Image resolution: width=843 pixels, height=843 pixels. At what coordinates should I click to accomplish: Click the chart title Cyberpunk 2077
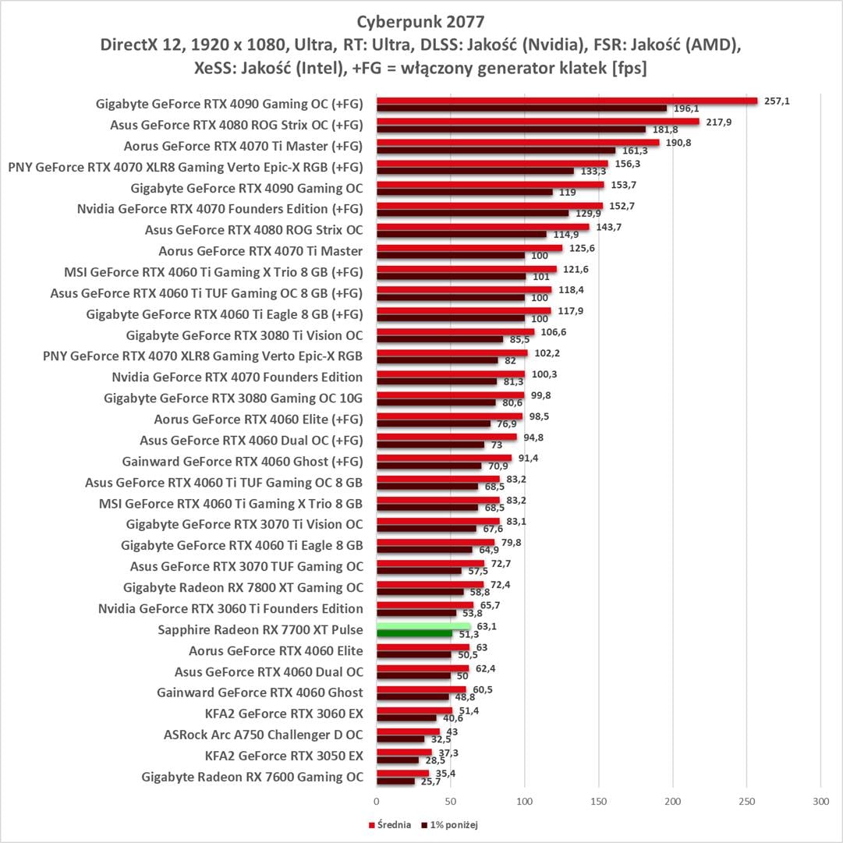pos(421,19)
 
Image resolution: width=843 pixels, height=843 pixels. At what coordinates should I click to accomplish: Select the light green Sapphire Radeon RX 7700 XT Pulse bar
pos(423,626)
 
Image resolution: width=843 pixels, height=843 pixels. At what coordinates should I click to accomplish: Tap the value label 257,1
pos(776,101)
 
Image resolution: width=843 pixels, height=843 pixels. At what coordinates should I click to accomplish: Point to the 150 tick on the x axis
pos(598,800)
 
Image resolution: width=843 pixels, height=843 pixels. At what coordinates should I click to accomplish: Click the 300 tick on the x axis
pos(820,800)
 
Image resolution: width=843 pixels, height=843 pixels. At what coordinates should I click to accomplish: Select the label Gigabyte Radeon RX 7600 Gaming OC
pos(253,777)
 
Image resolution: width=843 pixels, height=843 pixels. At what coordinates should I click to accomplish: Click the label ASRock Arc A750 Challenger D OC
pos(264,735)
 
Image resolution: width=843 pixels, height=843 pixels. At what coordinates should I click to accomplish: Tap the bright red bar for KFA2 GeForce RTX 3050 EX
pos(404,753)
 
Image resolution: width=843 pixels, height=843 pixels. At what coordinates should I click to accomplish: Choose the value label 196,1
pos(685,109)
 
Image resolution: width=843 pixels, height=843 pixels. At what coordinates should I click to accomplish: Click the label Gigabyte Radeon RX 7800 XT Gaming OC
pos(243,587)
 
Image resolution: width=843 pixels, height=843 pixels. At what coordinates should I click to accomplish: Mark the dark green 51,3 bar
pos(414,634)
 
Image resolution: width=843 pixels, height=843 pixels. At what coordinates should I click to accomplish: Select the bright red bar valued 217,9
pos(537,121)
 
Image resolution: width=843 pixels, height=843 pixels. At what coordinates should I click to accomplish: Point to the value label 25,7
pos(430,781)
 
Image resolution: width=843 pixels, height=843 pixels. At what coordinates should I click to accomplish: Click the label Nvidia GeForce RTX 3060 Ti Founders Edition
pos(231,608)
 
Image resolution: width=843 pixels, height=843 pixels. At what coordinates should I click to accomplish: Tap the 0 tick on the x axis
pos(377,800)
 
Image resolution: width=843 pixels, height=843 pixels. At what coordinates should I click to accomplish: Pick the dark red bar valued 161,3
pos(495,151)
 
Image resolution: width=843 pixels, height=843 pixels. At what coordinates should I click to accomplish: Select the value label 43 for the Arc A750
pos(452,731)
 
